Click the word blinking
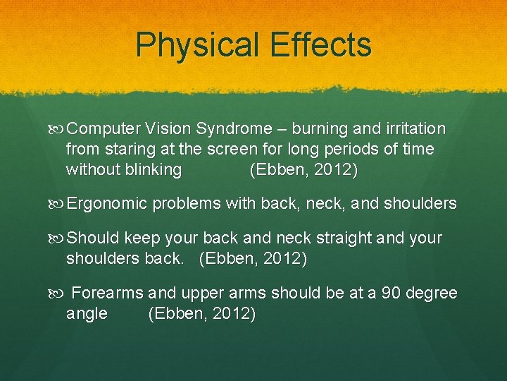click(147, 170)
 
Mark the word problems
click(186, 205)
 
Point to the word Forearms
click(108, 294)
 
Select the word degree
click(433, 294)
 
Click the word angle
click(87, 314)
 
